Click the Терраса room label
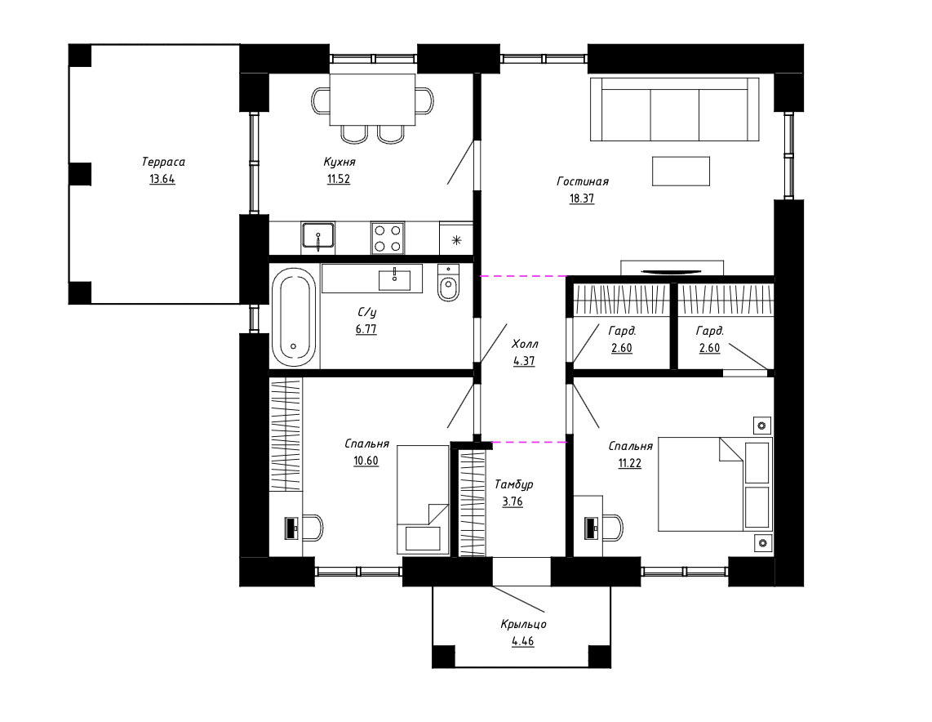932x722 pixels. click(x=163, y=162)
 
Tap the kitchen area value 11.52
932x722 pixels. click(x=338, y=179)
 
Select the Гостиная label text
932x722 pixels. click(x=583, y=181)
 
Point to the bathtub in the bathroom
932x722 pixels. click(x=294, y=317)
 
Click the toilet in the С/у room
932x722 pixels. click(x=448, y=283)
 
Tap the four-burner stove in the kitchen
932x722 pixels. click(x=388, y=238)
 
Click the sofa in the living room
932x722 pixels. click(x=675, y=109)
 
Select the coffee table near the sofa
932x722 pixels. click(x=681, y=172)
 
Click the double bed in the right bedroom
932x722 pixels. click(x=715, y=484)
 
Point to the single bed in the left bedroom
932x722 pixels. click(x=423, y=500)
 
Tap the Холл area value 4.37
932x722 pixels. click(x=524, y=361)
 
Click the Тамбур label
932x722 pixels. click(x=513, y=484)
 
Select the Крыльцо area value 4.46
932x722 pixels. click(x=522, y=642)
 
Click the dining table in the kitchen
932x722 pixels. click(x=373, y=100)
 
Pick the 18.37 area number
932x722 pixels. click(x=582, y=198)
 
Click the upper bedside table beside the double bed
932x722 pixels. click(x=762, y=426)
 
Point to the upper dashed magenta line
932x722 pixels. click(x=524, y=276)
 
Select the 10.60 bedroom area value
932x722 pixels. click(x=366, y=461)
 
